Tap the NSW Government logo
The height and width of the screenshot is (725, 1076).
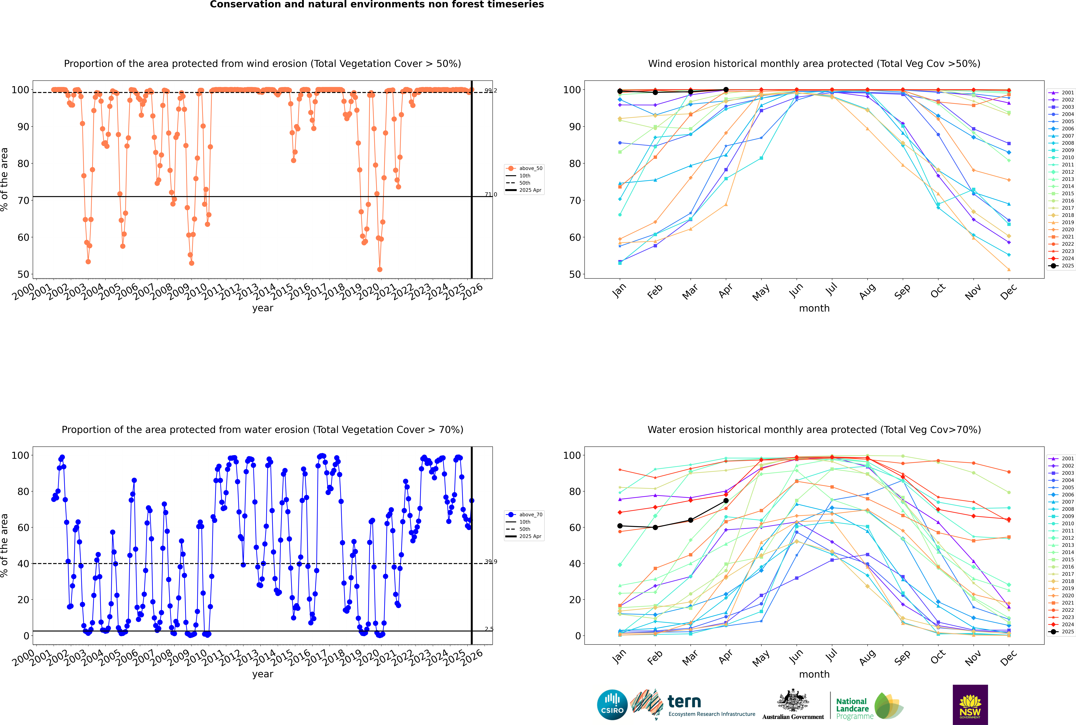(970, 704)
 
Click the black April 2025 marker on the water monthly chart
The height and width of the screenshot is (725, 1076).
(726, 501)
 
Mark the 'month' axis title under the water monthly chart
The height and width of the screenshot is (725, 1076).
(814, 674)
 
